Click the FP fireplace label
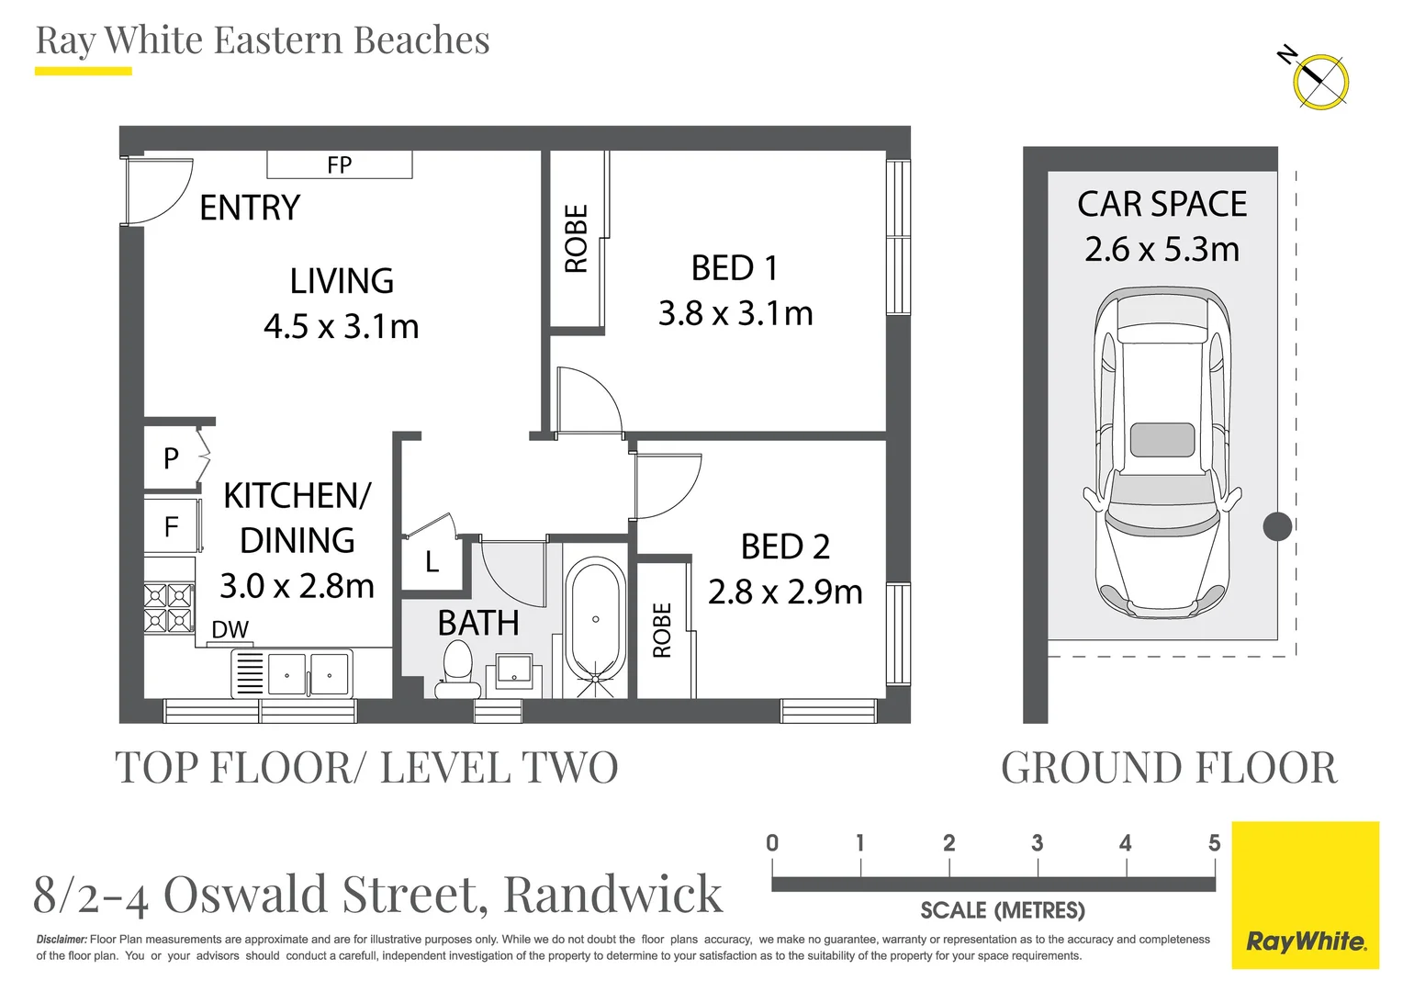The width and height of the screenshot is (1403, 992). click(340, 164)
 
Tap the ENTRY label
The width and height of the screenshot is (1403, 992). click(250, 208)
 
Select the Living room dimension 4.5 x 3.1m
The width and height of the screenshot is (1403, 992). click(342, 326)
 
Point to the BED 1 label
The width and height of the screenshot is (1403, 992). click(735, 268)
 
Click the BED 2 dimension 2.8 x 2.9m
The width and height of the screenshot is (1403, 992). click(785, 592)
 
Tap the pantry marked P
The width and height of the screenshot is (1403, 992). click(171, 458)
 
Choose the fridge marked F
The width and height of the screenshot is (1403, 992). click(172, 526)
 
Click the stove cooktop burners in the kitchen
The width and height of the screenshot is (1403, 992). click(168, 608)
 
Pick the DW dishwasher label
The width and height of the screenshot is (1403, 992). click(230, 629)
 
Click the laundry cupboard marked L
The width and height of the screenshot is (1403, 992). click(432, 562)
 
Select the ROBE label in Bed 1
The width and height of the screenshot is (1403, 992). click(577, 239)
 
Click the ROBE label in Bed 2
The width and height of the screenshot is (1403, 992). click(661, 630)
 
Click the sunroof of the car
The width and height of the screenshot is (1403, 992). click(1162, 440)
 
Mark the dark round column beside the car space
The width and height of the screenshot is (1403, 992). click(1277, 526)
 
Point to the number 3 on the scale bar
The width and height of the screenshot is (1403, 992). click(1038, 843)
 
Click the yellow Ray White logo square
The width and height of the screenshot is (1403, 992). click(1306, 895)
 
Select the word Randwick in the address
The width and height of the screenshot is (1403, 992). click(612, 894)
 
